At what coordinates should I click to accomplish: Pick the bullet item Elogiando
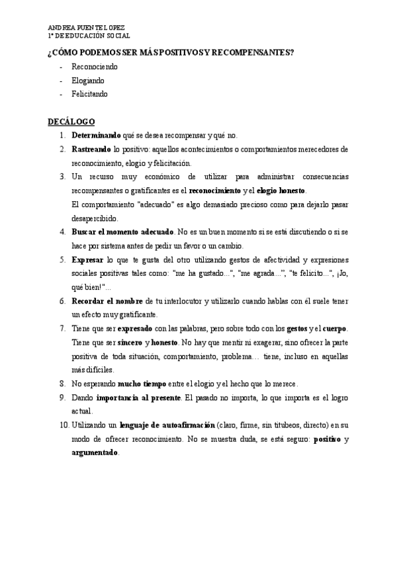tap(88, 81)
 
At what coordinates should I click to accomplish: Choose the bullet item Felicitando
tap(89, 94)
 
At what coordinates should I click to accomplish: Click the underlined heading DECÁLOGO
tap(71, 122)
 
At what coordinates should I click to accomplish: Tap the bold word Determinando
tap(96, 136)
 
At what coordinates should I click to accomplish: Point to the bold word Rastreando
tap(91, 150)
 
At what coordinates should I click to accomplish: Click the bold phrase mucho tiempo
tap(142, 384)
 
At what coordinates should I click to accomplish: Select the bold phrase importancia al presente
tap(138, 398)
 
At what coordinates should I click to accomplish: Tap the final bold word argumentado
tap(95, 453)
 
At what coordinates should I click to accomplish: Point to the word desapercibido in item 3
tap(94, 218)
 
